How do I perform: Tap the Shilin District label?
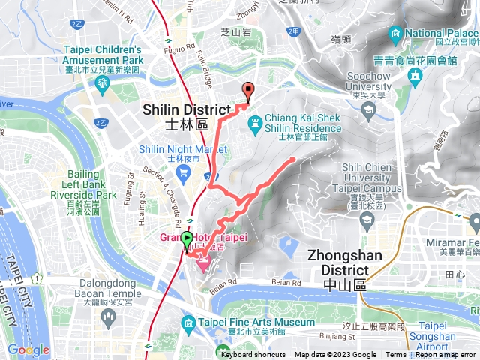coord(186,117)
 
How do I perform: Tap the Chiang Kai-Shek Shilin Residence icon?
coord(256,120)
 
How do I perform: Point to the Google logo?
coord(28,349)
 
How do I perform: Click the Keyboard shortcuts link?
coord(253,355)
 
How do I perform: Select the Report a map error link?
coord(445,355)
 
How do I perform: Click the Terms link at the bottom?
coord(396,355)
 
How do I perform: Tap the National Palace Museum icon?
coord(396,34)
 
